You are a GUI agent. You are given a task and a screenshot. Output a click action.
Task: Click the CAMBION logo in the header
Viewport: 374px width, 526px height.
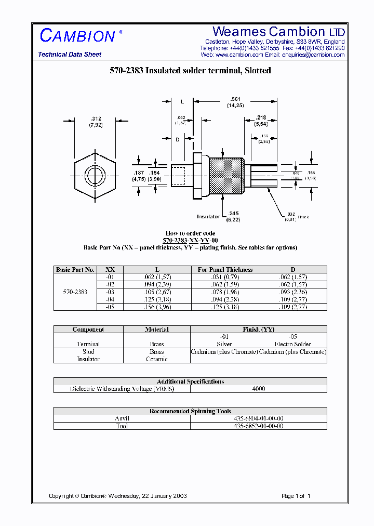pyautogui.click(x=78, y=36)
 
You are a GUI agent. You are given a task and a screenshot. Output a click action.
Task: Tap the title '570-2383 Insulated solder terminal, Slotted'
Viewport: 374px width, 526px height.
pyautogui.click(x=190, y=71)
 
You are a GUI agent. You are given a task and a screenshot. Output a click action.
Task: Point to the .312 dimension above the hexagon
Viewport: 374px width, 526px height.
pyautogui.click(x=95, y=119)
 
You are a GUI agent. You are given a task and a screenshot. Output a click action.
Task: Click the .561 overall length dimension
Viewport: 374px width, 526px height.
pyautogui.click(x=235, y=99)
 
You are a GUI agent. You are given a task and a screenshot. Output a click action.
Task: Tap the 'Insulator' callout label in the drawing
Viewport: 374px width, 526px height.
pyautogui.click(x=208, y=217)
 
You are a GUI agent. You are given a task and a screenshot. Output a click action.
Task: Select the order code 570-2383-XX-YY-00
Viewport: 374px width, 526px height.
pyautogui.click(x=190, y=241)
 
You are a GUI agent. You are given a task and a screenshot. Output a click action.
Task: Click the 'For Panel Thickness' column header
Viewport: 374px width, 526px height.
pyautogui.click(x=225, y=270)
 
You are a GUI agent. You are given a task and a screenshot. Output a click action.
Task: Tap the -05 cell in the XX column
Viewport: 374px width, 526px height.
pyautogui.click(x=110, y=307)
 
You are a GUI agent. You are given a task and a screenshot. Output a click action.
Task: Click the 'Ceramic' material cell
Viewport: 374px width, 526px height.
pyautogui.click(x=157, y=359)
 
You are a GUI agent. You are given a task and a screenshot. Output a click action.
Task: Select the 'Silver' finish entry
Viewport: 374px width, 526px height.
pyautogui.click(x=224, y=344)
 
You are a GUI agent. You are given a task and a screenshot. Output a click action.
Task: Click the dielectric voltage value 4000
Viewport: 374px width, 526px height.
pyautogui.click(x=258, y=389)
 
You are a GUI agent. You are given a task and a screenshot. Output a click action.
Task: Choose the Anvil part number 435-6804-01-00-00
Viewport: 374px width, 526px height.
pyautogui.click(x=258, y=418)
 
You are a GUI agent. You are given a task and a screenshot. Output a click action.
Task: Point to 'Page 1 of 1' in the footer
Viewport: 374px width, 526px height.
pyautogui.click(x=296, y=496)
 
